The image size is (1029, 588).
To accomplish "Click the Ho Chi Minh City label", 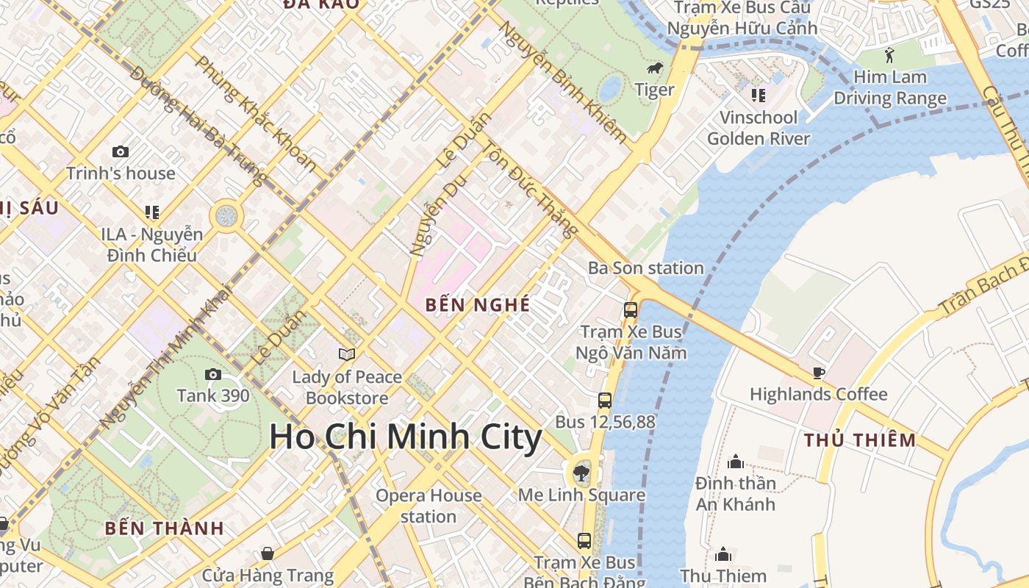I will pos(406,437).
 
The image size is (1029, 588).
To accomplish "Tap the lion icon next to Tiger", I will pos(653,69).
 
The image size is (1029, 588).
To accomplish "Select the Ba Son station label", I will pos(645,268).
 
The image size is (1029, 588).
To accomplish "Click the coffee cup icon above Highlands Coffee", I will pos(818,373).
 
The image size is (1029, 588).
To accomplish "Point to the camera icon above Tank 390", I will pos(213,375).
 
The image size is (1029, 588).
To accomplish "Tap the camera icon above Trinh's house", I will pos(121,152).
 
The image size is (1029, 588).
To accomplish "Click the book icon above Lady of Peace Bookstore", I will pos(347,355).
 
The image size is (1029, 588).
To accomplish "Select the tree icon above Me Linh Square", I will pos(581,472).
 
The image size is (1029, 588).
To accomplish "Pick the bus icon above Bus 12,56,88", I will pos(605,401).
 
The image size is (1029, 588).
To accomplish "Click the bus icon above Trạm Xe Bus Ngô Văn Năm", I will pos(631,310).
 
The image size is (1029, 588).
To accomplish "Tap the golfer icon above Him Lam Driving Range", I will pos(890,55).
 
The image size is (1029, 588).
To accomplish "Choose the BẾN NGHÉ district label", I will pos(478,305).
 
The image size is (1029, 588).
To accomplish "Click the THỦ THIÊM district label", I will pos(859,440).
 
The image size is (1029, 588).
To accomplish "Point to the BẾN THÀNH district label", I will pos(164,528).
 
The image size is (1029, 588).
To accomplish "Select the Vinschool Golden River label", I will pos(759,128).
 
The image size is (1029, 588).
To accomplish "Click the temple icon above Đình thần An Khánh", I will pos(736,462).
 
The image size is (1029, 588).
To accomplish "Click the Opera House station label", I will pos(429,506).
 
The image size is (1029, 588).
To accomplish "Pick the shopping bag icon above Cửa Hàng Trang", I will pos(268,553).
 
